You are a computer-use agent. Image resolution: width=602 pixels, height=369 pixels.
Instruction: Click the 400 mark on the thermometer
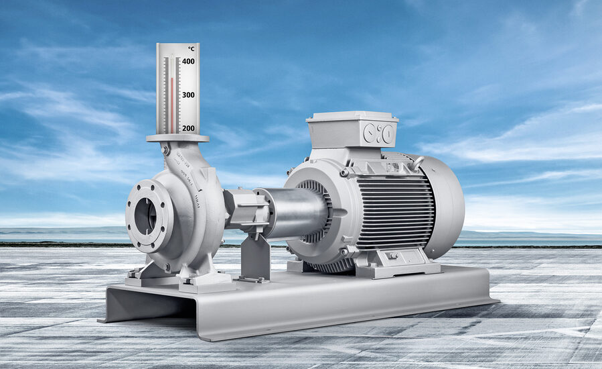tap(188, 62)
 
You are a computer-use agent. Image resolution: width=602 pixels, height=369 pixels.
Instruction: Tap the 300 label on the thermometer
tap(188, 95)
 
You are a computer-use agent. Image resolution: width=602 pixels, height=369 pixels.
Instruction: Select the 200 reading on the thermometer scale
tap(188, 128)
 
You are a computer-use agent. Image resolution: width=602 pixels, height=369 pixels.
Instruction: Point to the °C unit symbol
tap(191, 49)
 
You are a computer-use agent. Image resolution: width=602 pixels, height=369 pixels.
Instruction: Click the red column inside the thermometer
tap(171, 104)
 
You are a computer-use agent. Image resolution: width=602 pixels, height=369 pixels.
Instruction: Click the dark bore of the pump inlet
tap(145, 215)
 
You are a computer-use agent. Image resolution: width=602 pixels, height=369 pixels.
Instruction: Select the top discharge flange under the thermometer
tap(177, 138)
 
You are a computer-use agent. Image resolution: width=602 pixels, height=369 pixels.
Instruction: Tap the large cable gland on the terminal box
tap(386, 134)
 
